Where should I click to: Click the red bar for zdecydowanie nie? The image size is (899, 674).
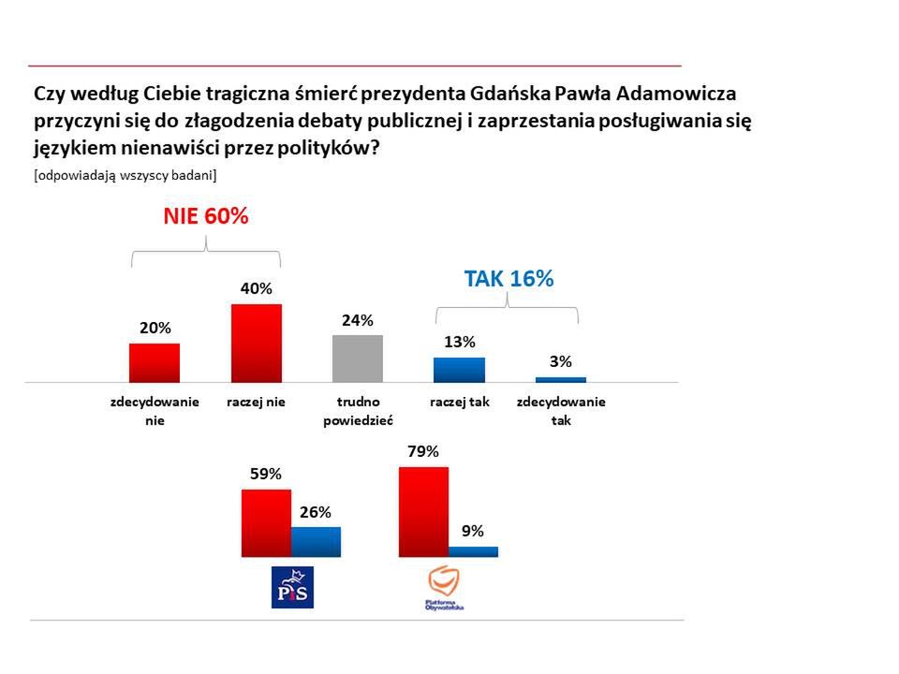(x=155, y=362)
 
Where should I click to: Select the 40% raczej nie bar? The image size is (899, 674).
(x=257, y=343)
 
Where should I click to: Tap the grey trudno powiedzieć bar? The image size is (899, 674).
(x=358, y=358)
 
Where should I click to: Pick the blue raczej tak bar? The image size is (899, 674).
(x=459, y=369)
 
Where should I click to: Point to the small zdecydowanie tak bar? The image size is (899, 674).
(x=561, y=379)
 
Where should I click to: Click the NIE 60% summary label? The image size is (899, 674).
(x=206, y=216)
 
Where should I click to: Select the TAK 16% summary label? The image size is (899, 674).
(x=509, y=278)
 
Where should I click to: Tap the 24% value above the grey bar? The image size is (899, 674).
(x=358, y=320)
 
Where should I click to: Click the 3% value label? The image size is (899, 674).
(x=561, y=361)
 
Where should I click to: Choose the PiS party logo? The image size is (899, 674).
(x=292, y=587)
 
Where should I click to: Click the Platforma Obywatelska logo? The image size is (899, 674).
(x=445, y=589)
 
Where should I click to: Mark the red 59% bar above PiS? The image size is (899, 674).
(x=266, y=522)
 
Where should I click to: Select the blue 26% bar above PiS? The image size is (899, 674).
(x=316, y=541)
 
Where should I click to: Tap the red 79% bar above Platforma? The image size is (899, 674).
(x=423, y=511)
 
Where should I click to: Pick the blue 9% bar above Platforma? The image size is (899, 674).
(x=473, y=551)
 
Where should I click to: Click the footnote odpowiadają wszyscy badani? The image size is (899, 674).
(x=125, y=175)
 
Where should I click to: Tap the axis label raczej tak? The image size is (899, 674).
(x=460, y=402)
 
